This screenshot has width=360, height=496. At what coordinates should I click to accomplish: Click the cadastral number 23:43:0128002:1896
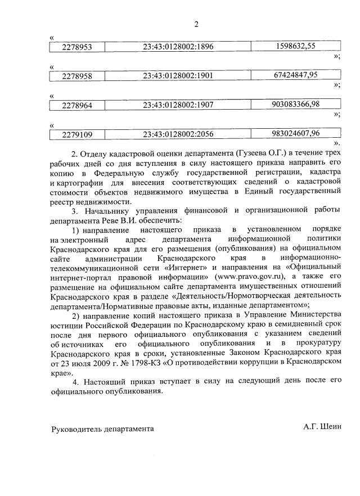tap(178, 47)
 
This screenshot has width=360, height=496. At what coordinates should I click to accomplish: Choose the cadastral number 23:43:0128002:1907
tap(178, 105)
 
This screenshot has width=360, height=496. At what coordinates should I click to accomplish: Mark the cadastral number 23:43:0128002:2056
tap(178, 134)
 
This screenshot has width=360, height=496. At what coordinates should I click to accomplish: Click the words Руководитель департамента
tap(102, 429)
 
